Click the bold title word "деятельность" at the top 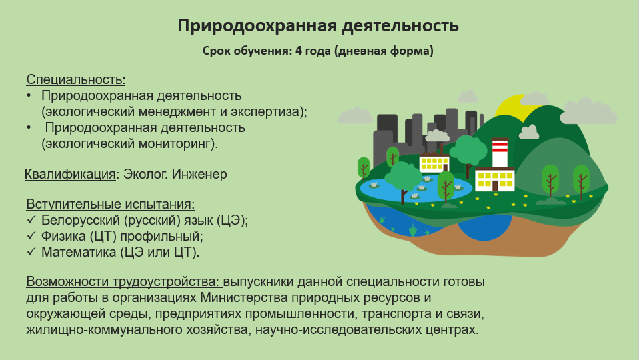[x=400, y=25]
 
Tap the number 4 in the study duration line [x=299, y=51]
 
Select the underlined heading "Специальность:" [x=76, y=79]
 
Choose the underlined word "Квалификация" [x=70, y=174]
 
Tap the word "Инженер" [x=199, y=174]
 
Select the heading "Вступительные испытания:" [x=111, y=204]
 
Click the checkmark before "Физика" [x=32, y=236]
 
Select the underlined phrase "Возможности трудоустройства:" [x=124, y=282]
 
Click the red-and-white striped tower [x=500, y=153]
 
